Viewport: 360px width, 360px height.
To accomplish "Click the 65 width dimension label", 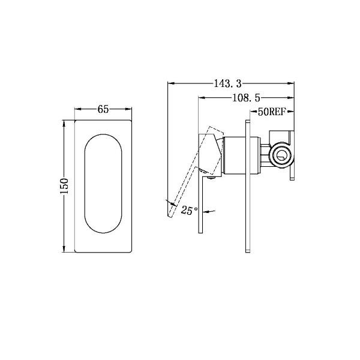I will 103,109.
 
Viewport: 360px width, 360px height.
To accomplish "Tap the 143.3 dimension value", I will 226,83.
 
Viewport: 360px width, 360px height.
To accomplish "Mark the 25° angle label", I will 189,211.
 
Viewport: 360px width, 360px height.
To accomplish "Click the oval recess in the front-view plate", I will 103,184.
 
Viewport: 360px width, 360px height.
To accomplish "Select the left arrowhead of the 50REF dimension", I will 252,112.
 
